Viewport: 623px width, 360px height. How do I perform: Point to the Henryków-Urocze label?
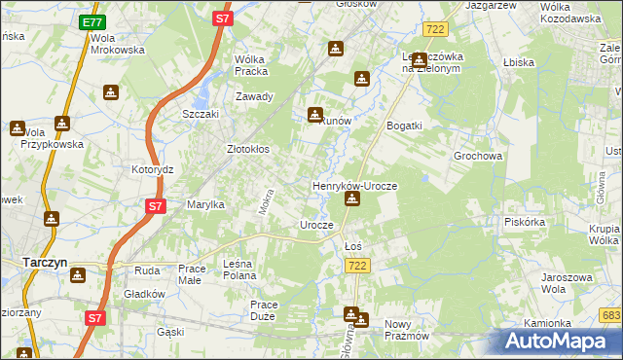coord(353,185)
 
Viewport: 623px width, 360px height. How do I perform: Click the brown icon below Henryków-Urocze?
coord(352,200)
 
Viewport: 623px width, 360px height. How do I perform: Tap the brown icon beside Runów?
coord(315,114)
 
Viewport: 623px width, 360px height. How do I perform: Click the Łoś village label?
coord(354,246)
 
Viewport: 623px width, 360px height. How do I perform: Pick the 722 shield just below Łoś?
coord(359,266)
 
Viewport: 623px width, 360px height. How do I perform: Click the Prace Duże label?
coord(264,310)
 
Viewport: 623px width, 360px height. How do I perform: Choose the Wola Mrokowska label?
coord(117,44)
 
